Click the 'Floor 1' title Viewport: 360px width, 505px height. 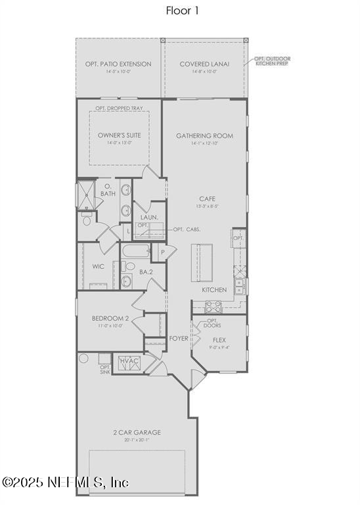point(180,11)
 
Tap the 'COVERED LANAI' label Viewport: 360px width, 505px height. point(204,64)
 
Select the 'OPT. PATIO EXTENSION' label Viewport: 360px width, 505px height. point(118,64)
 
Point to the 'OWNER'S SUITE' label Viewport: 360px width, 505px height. point(119,135)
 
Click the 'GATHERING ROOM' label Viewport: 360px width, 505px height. point(204,136)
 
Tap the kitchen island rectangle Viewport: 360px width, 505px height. point(202,262)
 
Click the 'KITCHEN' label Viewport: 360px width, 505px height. point(214,290)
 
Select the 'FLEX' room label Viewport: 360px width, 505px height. point(219,340)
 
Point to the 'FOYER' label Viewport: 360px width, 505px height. point(179,339)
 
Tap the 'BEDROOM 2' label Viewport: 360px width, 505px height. point(110,319)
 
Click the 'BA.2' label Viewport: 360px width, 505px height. point(146,272)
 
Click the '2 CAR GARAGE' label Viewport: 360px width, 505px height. point(137,433)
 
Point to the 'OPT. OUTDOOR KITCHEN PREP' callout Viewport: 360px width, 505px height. point(272,62)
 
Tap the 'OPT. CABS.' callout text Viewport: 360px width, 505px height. point(187,229)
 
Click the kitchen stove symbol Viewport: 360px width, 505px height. point(214,306)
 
